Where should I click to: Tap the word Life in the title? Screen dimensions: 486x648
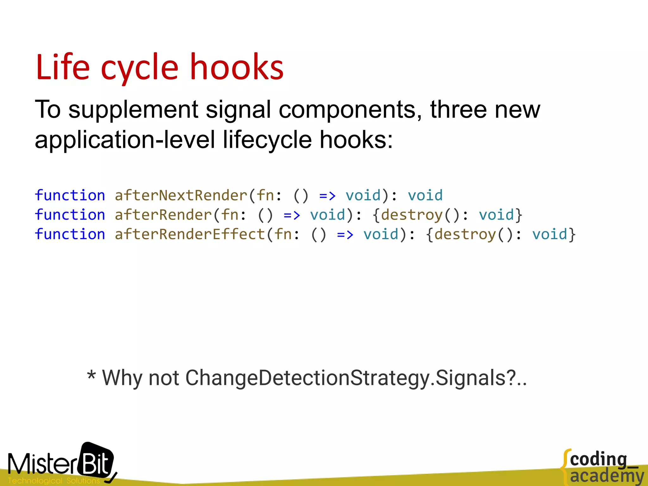[63, 67]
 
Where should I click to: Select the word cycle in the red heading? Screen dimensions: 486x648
[140, 69]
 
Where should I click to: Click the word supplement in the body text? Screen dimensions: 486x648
[133, 110]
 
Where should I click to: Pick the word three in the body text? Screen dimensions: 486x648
[458, 109]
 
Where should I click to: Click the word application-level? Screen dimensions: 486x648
[125, 140]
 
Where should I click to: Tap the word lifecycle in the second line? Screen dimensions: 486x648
[267, 140]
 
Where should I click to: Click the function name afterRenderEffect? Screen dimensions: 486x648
[190, 234]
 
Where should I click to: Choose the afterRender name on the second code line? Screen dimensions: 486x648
[163, 215]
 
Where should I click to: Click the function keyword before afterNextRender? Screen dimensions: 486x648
[70, 195]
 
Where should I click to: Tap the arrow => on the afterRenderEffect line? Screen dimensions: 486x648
[345, 234]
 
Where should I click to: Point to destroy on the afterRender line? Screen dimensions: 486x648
[411, 215]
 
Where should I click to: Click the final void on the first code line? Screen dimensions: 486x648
[425, 195]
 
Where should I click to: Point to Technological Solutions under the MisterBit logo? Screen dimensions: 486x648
[54, 481]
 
